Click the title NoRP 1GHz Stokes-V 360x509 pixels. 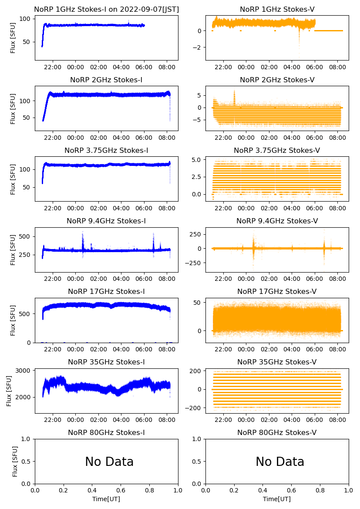coord(277,9)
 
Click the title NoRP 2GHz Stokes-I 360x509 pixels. coord(106,80)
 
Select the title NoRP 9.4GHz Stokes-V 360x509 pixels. coord(277,221)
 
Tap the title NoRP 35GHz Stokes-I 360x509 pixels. coord(106,362)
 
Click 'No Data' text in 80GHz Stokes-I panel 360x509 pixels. coord(109,462)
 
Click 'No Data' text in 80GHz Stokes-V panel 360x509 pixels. coord(280,462)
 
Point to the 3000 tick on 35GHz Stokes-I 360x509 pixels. coord(24,371)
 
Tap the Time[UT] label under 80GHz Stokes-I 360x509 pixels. coord(106,499)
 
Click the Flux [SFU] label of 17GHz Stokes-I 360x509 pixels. coord(13,320)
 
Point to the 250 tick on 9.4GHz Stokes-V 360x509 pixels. coord(195,234)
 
